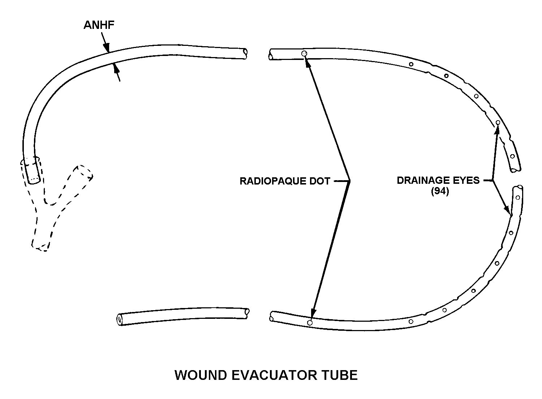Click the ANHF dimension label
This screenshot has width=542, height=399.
[x=99, y=25]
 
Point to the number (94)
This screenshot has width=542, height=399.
[x=440, y=191]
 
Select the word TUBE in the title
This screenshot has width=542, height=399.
[x=339, y=375]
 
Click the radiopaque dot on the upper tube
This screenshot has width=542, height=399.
[x=304, y=54]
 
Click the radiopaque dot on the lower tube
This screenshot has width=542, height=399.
[x=310, y=322]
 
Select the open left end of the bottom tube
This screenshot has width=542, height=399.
[x=120, y=320]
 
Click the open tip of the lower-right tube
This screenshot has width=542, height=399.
[x=519, y=188]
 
